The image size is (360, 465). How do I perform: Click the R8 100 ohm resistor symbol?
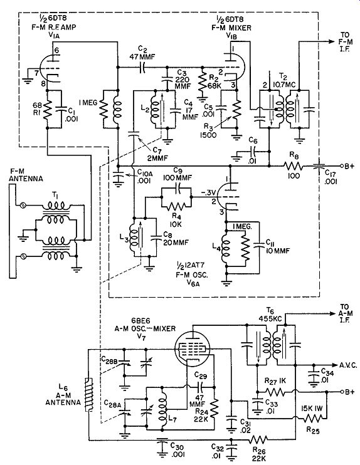coord(293,166)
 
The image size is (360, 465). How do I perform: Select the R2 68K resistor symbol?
coord(203,82)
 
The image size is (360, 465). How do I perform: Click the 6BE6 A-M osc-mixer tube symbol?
coord(192,347)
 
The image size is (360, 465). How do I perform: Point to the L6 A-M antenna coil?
coord(88,395)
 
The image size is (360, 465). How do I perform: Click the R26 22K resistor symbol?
coord(258,439)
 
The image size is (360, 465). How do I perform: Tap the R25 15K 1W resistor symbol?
coord(312,419)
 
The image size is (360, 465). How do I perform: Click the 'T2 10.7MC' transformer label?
coord(284,81)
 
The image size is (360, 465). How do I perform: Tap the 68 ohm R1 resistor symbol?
coord(48,110)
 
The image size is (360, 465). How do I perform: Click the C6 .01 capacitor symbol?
coord(253,151)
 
